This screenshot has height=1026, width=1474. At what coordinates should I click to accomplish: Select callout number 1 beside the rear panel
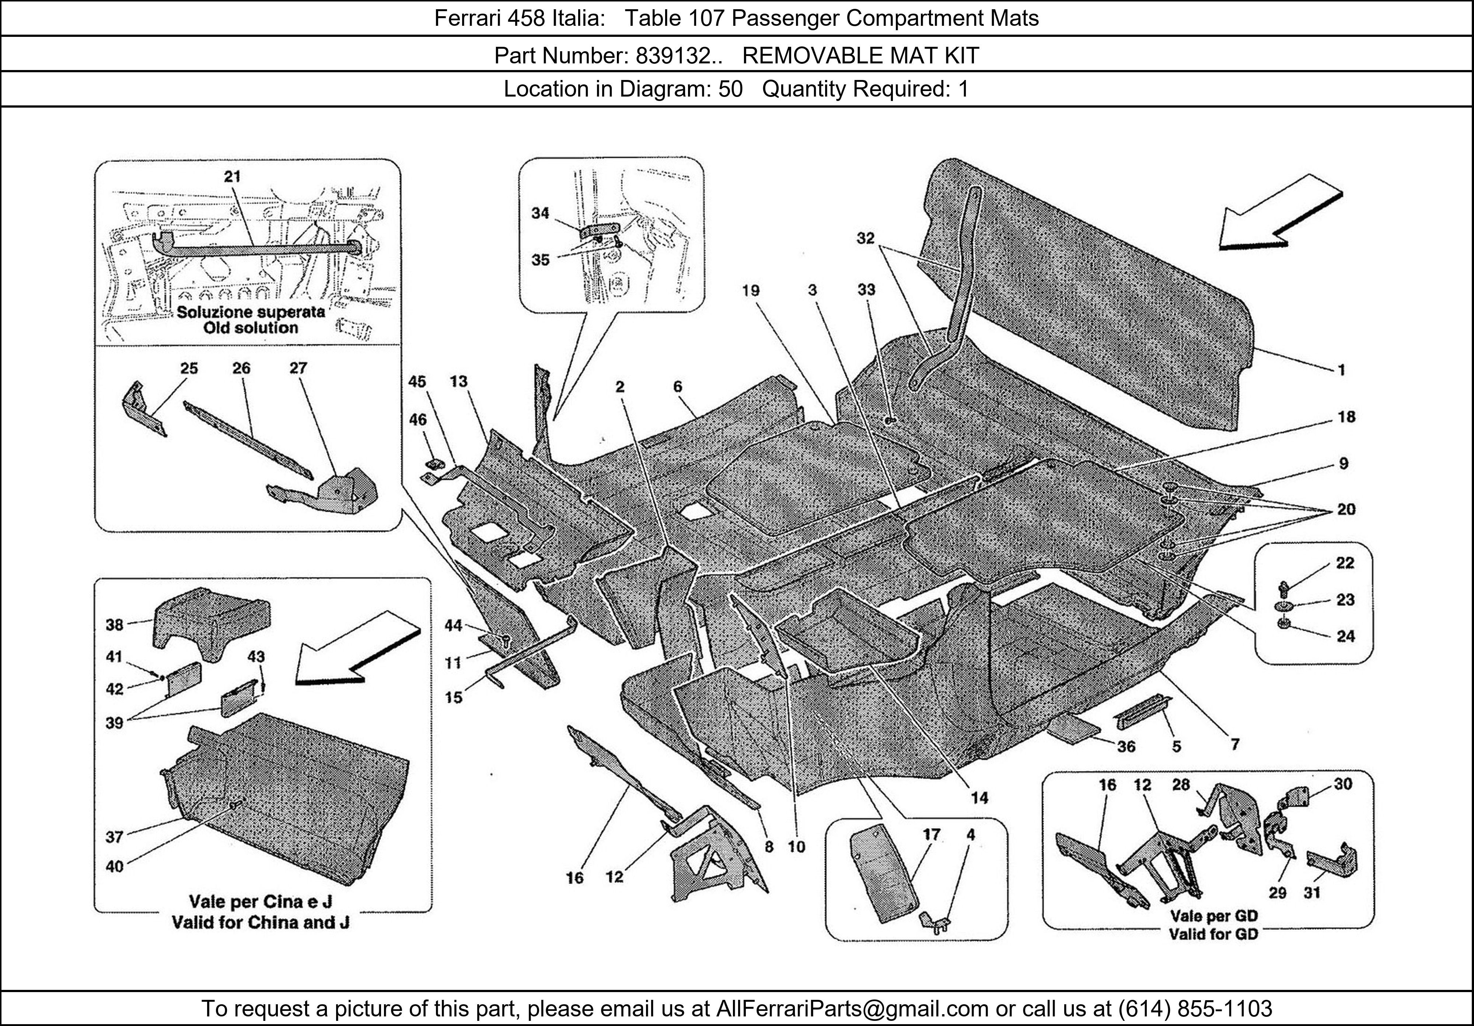tap(1341, 370)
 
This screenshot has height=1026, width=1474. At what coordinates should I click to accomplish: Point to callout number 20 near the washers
tap(1346, 509)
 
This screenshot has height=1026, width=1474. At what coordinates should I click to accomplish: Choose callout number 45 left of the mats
tap(417, 382)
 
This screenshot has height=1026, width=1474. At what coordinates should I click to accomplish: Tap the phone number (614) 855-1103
tap(1195, 1008)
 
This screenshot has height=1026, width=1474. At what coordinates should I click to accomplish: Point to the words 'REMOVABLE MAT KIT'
tap(860, 56)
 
